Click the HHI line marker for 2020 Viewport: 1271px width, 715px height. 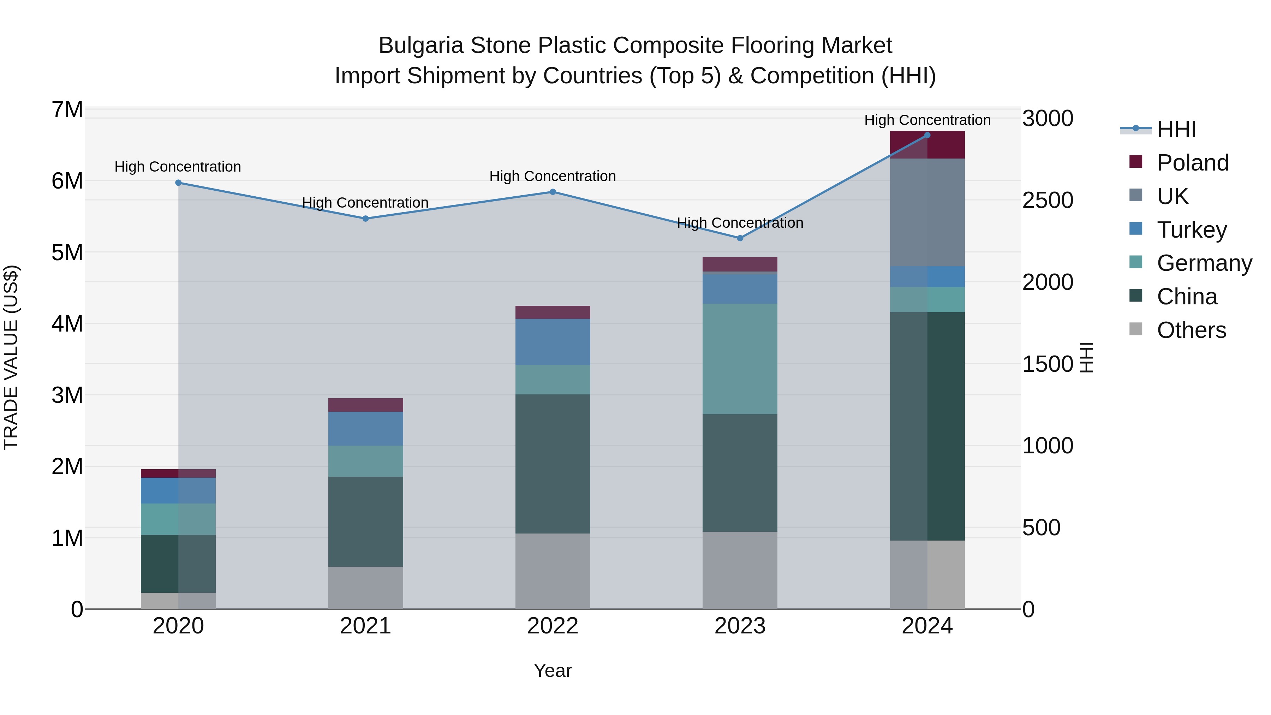pos(179,183)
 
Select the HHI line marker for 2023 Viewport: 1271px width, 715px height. pos(740,238)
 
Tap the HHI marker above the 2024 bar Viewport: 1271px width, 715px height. pos(927,135)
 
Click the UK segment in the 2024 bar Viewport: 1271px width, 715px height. pos(927,212)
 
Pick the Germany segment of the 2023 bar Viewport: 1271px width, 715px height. pos(740,359)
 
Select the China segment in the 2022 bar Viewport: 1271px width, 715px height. pos(553,464)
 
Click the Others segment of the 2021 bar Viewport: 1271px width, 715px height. pos(366,587)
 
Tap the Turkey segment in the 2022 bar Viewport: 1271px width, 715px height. pos(553,342)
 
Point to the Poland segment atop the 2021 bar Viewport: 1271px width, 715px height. pos(366,405)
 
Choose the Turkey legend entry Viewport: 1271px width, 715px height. pos(1191,230)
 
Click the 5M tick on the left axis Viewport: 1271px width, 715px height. pos(67,252)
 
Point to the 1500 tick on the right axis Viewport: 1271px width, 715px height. pos(1048,364)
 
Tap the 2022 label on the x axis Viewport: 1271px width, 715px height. pos(553,626)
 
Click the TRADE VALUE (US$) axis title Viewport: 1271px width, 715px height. pos(11,358)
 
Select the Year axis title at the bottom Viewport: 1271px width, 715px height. pos(553,671)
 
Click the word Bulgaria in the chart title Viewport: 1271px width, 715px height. pos(421,46)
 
